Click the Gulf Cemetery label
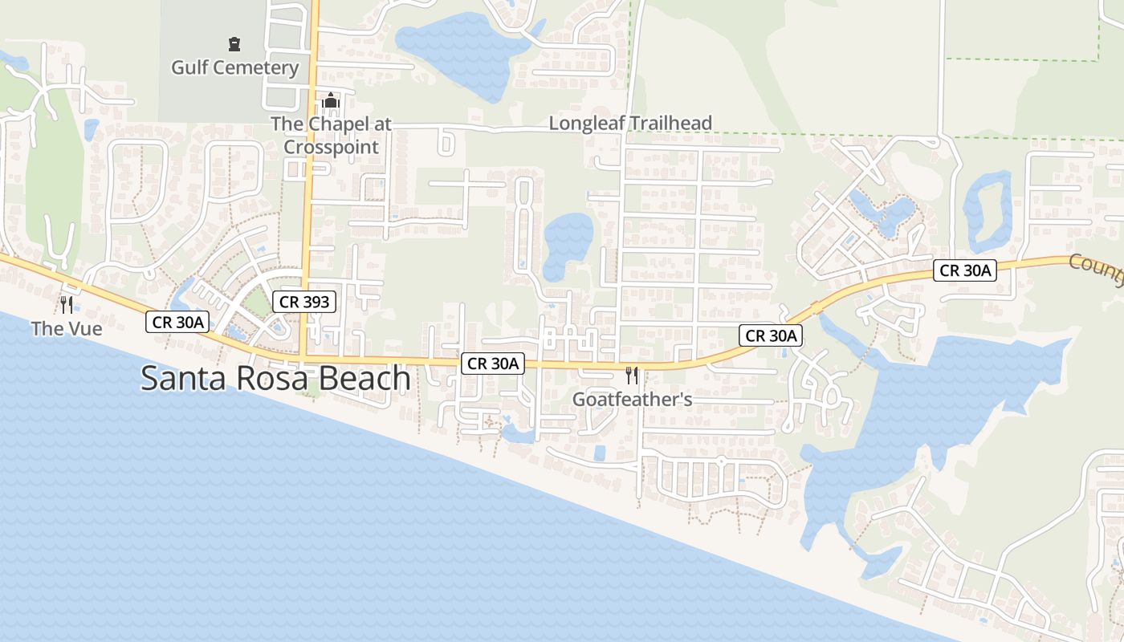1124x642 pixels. [234, 67]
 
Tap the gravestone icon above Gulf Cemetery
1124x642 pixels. [234, 43]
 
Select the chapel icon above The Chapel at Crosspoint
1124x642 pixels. [331, 101]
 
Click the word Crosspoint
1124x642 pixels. [331, 147]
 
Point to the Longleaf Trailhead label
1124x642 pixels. [630, 124]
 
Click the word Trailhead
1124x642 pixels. [671, 124]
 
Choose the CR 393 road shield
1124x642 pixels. [304, 302]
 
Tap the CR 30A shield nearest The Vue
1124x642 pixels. [178, 323]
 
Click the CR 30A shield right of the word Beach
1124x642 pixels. [494, 364]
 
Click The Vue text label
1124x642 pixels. [67, 328]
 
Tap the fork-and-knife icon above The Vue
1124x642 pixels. [67, 305]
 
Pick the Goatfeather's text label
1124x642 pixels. [632, 399]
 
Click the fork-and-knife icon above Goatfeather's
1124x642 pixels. [632, 375]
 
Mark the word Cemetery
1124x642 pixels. [259, 67]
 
